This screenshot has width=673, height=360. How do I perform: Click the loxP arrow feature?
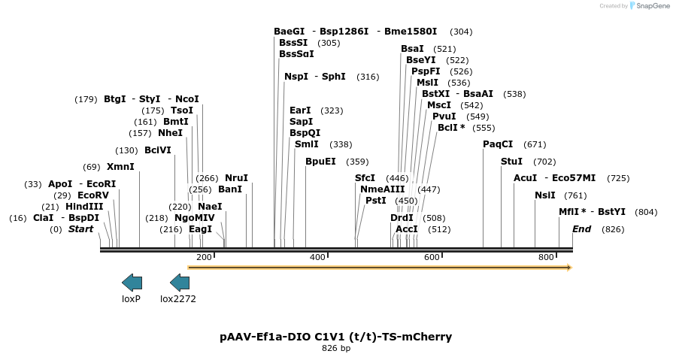132,283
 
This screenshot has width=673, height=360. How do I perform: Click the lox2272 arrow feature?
180,283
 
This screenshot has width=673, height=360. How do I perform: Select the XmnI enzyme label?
120,167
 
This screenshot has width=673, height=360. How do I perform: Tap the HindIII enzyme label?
84,207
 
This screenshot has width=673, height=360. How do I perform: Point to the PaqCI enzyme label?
498,144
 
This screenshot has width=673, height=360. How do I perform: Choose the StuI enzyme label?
511,162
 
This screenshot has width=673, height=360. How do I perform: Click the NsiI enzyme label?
545,195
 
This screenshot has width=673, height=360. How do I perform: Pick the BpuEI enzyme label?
320,162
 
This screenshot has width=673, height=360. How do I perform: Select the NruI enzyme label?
236,178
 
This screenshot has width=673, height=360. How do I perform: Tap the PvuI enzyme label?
444,116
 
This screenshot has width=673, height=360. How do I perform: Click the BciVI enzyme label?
158,150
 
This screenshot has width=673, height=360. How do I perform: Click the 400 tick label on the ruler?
317,258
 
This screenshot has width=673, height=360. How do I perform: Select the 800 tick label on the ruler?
546,258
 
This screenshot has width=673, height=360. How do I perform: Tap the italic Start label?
81,229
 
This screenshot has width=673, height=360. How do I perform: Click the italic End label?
581,229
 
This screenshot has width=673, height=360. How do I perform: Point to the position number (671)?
535,144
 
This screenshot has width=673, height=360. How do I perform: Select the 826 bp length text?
336,349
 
